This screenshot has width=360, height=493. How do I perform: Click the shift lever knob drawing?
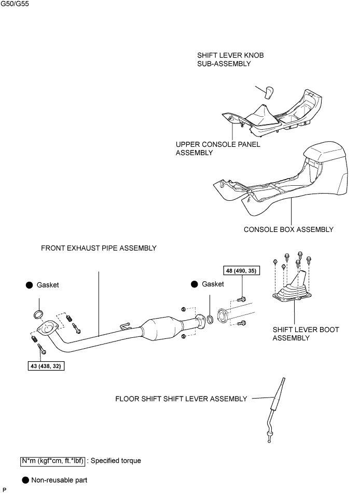tap(269, 93)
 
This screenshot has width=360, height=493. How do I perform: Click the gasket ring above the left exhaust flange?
tap(38, 314)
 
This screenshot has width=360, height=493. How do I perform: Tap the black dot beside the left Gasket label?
tap(30, 285)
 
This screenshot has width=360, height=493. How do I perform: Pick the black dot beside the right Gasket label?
tap(195, 284)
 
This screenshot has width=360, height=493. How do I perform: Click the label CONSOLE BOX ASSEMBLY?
tap(288, 229)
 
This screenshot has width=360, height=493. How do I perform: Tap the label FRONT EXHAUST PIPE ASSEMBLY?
tap(99, 249)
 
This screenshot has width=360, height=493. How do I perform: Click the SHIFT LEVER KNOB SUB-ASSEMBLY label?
tap(224, 59)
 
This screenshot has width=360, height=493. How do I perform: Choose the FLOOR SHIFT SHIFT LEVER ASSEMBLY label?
tap(181, 399)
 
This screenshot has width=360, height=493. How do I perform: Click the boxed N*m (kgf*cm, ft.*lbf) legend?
tap(52, 460)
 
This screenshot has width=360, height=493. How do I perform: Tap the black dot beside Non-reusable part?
tap(24, 480)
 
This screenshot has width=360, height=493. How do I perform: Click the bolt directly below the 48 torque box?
tap(242, 298)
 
